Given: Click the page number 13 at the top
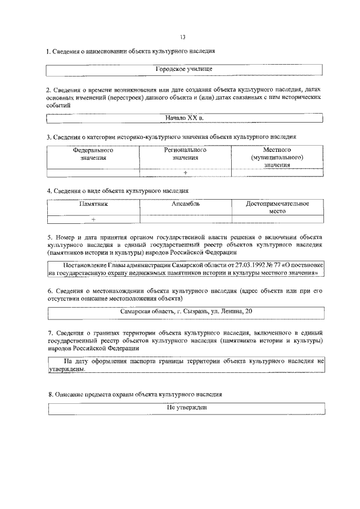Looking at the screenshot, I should (183, 37).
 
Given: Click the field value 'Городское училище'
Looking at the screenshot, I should (183, 69).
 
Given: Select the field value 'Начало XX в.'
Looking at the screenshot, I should (184, 118).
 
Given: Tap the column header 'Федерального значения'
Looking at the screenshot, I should (93, 154).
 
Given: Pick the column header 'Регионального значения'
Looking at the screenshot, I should (185, 154).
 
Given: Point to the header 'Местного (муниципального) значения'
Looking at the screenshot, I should (277, 157).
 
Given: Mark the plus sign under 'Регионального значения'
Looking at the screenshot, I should (185, 173).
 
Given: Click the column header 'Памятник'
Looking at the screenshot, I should (93, 204).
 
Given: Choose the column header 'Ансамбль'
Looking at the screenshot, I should (185, 204).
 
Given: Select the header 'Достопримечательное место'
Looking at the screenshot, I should (277, 208).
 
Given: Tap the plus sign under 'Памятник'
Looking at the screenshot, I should (93, 219).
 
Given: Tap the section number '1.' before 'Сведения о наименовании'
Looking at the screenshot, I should (48, 51).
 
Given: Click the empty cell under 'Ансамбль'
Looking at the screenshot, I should (185, 219).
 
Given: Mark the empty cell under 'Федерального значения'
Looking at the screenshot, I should (93, 173).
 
